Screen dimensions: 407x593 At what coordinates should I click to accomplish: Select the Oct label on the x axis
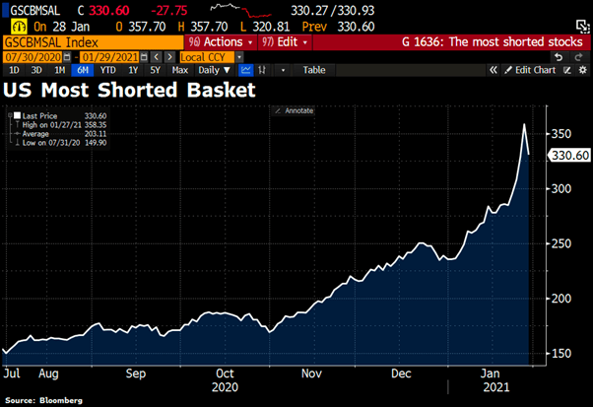pyautogui.click(x=226, y=373)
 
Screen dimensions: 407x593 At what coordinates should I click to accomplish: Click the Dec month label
pyautogui.click(x=401, y=373)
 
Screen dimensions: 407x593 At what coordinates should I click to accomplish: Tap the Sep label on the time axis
pyautogui.click(x=138, y=373)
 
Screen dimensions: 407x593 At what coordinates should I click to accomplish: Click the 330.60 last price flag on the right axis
pyautogui.click(x=568, y=155)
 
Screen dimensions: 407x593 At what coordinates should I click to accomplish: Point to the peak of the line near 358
pyautogui.click(x=524, y=125)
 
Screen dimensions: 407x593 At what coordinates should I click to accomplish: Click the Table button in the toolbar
pyautogui.click(x=313, y=70)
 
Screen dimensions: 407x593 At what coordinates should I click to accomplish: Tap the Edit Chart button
pyautogui.click(x=535, y=70)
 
